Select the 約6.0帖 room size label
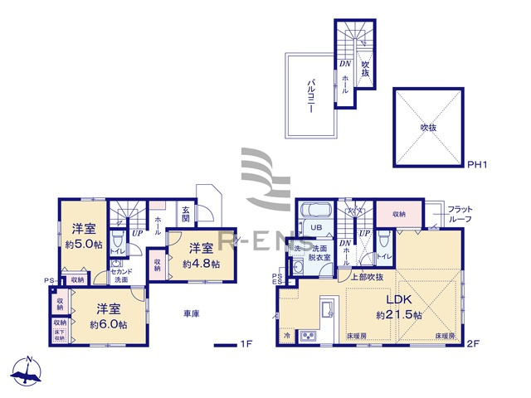point(109,324)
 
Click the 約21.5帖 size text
point(399,316)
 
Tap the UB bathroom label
point(316,228)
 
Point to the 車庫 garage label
point(192,313)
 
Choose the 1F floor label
point(246,343)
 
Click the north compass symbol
point(30,371)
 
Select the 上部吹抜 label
point(367,277)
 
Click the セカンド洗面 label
point(120,276)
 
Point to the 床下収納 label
point(60,334)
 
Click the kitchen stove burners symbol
point(309,336)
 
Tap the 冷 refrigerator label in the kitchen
point(287,336)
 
